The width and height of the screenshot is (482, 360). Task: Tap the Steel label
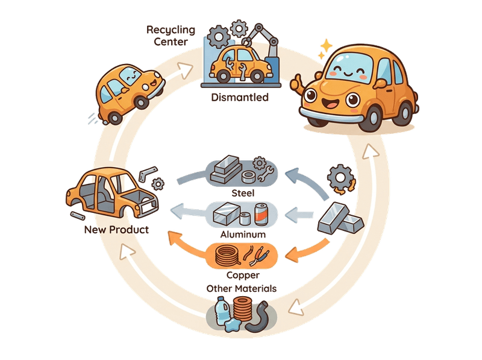coord(243,193)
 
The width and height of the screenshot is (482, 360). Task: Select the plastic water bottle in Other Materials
coord(221,312)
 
